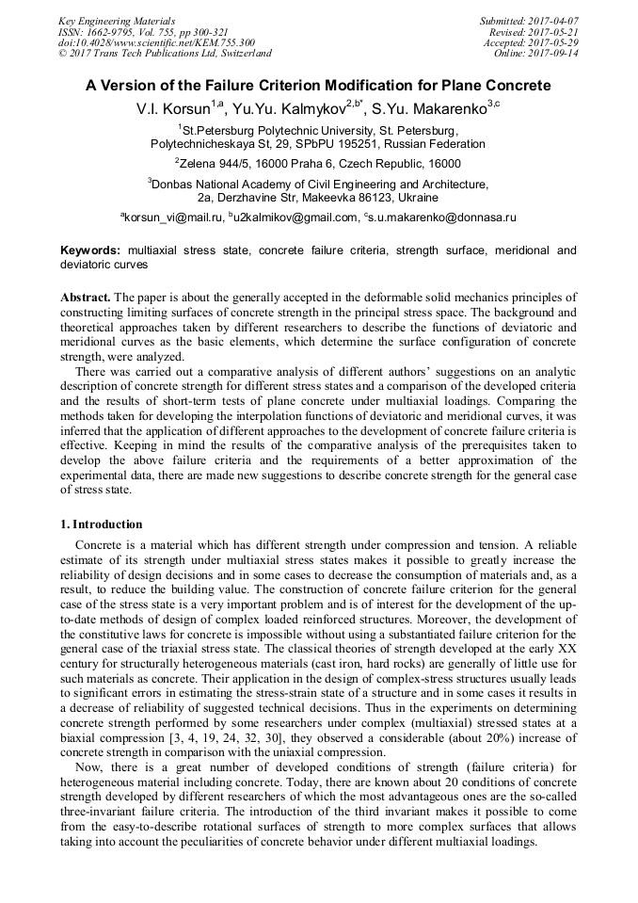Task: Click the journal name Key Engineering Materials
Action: (117, 20)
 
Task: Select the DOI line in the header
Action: (156, 42)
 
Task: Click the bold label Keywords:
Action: (90, 250)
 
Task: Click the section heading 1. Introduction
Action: (102, 524)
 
